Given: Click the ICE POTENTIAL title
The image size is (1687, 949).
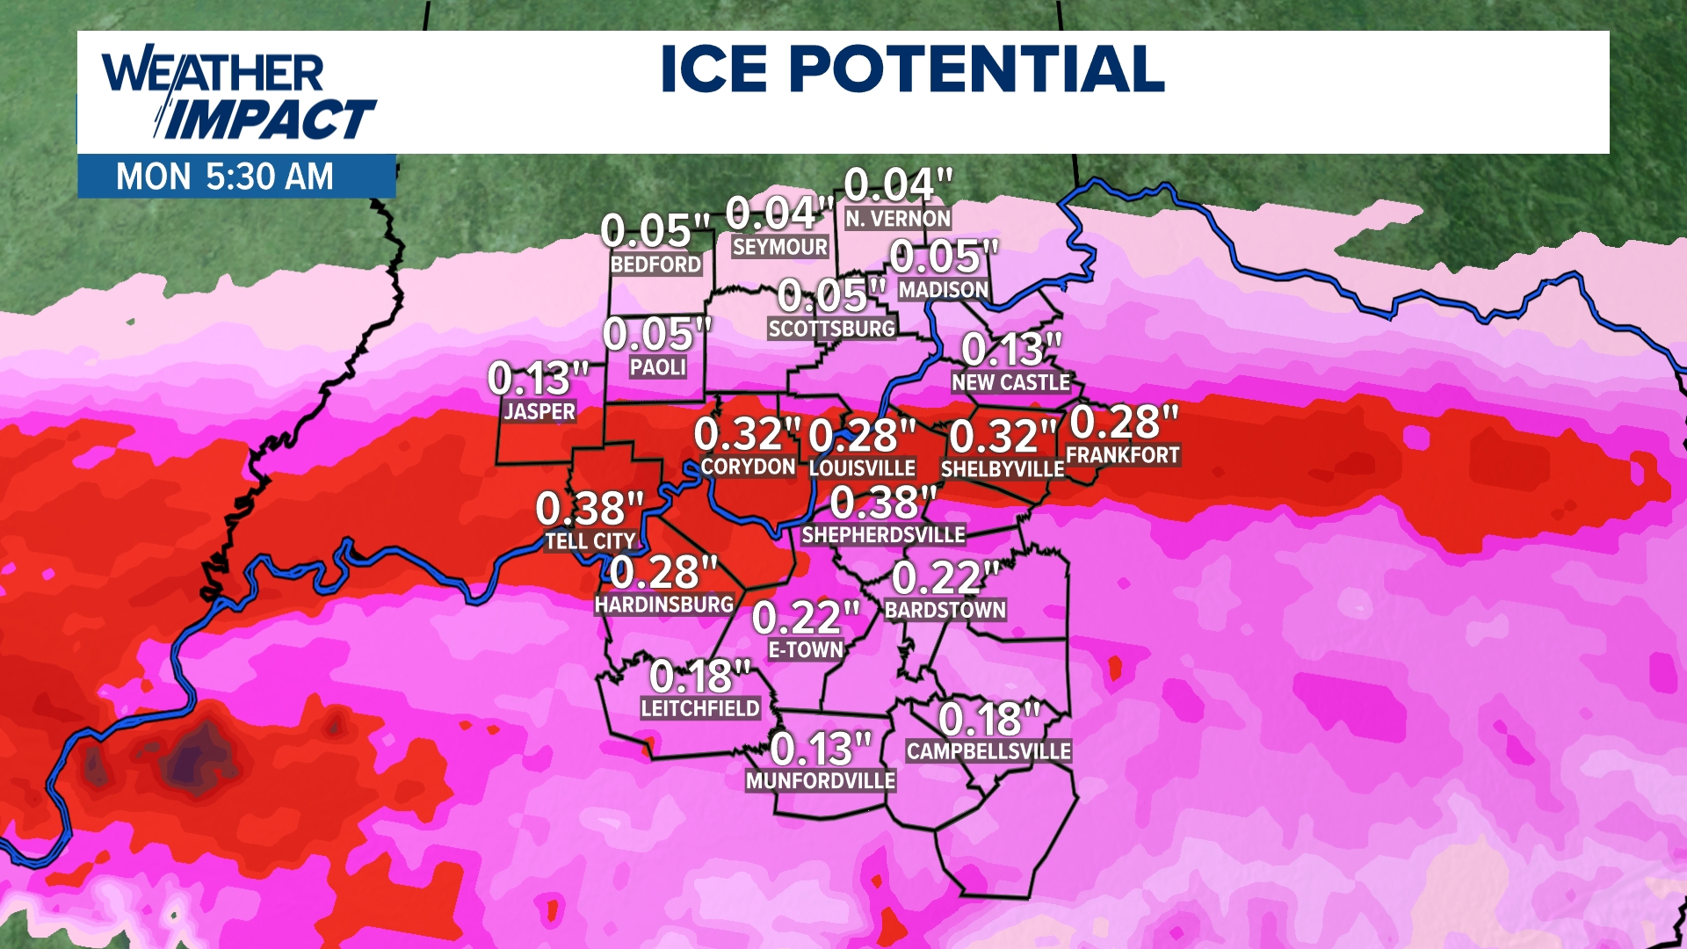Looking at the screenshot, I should click(x=912, y=69).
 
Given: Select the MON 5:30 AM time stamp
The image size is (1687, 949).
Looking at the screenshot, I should click(x=225, y=177).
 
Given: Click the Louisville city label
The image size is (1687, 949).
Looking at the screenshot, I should click(x=862, y=467).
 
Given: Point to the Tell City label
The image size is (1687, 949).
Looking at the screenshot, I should click(x=590, y=541).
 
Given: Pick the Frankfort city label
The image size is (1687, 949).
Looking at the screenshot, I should click(x=1122, y=455).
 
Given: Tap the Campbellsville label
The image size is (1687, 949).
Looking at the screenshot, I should click(x=988, y=751).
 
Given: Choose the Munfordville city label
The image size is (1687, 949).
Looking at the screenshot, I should click(x=821, y=780).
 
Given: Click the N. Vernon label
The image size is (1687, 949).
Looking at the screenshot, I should click(x=898, y=219).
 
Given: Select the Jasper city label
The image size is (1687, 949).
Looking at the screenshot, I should click(x=539, y=411).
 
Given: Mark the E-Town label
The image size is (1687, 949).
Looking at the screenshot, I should click(x=806, y=650).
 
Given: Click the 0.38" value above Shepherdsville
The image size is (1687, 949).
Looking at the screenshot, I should click(x=883, y=503).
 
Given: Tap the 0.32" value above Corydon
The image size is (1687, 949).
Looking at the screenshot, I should click(x=747, y=434).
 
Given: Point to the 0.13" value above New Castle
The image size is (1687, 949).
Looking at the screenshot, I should click(x=1011, y=350).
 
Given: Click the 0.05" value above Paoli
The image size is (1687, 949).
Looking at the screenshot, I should click(x=656, y=335).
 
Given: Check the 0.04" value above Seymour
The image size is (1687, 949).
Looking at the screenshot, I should click(x=779, y=214).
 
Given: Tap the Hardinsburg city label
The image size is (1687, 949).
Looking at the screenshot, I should click(x=664, y=605).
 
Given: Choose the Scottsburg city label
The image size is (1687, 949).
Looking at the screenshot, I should click(x=832, y=329).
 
